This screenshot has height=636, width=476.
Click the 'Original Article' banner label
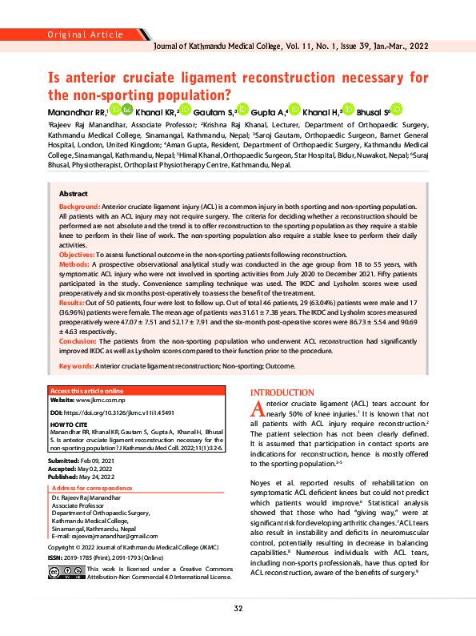(85, 34)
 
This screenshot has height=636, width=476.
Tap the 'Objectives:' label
(78, 253)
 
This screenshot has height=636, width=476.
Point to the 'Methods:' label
(75, 263)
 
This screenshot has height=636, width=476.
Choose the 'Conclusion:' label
(78, 341)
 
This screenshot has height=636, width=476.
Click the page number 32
(238, 608)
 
